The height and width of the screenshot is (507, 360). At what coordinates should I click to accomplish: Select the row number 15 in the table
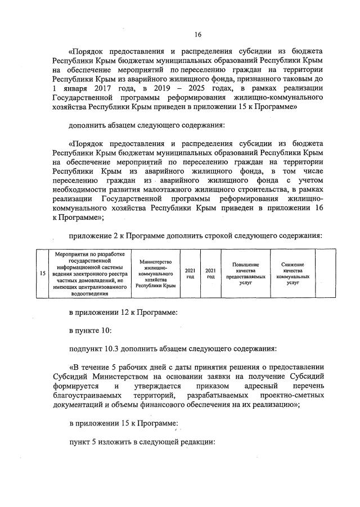coord(43,274)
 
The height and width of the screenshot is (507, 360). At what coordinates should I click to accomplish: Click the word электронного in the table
coord(93,274)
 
